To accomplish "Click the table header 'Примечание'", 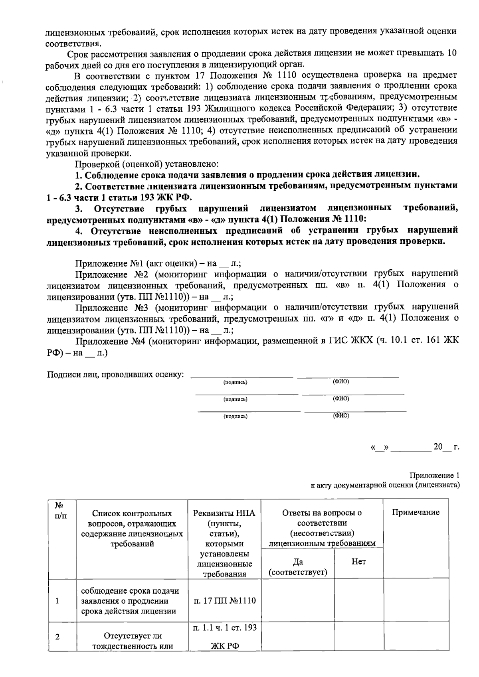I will coord(416,513).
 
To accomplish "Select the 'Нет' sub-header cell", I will coord(358,562).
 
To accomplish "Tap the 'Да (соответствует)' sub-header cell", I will coord(298,567).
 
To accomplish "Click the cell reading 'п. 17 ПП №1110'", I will coord(225,601).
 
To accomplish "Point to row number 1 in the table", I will coord(57,601).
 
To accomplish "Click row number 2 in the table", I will coord(57,637).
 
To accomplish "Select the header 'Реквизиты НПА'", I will coord(224,513).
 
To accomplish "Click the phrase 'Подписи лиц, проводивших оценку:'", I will coord(116,375).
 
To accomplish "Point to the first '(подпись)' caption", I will coord(235,382).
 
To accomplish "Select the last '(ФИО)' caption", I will coord(341,416).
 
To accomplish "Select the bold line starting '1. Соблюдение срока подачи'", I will coord(247,175).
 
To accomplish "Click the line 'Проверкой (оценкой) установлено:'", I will coord(146,164).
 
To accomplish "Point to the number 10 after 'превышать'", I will coord(451,53).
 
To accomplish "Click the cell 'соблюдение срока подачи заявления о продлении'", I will coord(130,601).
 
